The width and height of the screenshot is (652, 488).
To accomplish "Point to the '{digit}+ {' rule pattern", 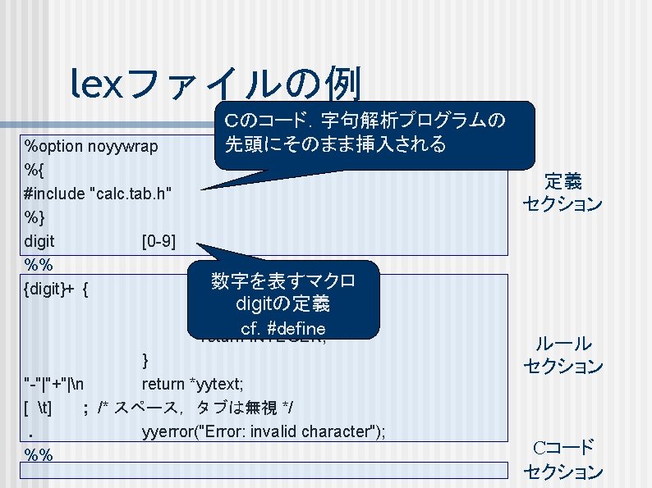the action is (57, 289).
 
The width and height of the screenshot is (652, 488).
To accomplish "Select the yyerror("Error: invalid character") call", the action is (263, 431).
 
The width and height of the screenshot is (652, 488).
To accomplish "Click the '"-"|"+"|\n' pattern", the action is (57, 383).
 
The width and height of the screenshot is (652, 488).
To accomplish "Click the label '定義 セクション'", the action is (562, 192).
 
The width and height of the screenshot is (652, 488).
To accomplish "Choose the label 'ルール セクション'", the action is (562, 354).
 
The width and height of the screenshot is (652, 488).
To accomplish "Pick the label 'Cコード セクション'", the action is (562, 459).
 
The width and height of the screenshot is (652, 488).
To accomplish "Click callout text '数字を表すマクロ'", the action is (282, 281).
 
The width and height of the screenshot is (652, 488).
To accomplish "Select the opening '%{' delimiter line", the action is (34, 171).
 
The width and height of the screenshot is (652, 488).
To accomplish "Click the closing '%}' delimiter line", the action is (34, 218).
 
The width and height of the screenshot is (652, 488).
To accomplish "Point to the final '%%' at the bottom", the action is (39, 454).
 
